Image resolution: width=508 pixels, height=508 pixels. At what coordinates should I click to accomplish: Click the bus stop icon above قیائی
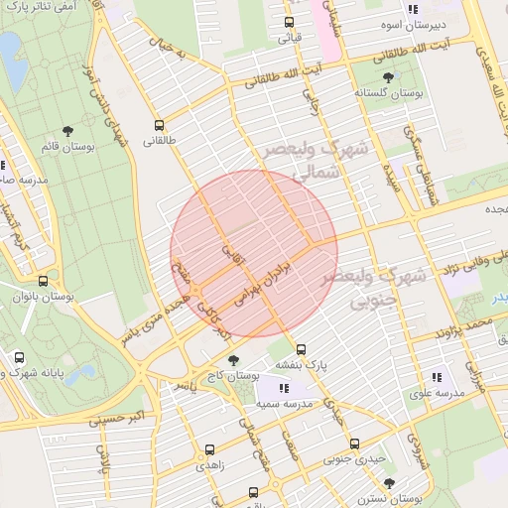coord(289,22)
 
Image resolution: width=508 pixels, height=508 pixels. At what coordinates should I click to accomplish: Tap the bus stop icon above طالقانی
coord(160,125)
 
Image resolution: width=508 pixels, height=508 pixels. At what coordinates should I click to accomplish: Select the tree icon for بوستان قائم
coord(67,131)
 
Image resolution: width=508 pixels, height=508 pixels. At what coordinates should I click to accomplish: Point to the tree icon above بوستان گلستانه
coord(388,76)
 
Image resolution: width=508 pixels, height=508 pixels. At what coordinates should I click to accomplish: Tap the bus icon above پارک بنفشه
coord(302,349)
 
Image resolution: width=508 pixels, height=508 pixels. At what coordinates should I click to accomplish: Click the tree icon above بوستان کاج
coord(233,360)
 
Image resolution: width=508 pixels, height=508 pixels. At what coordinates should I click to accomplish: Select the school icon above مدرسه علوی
coord(437,376)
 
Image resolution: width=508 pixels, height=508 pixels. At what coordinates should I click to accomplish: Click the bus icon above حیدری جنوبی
coord(354,444)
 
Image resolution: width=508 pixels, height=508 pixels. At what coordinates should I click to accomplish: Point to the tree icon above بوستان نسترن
coord(388,483)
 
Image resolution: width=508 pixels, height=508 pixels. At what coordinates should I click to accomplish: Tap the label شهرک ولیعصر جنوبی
coord(387,285)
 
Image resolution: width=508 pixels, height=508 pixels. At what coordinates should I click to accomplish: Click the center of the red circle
coord(254,253)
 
